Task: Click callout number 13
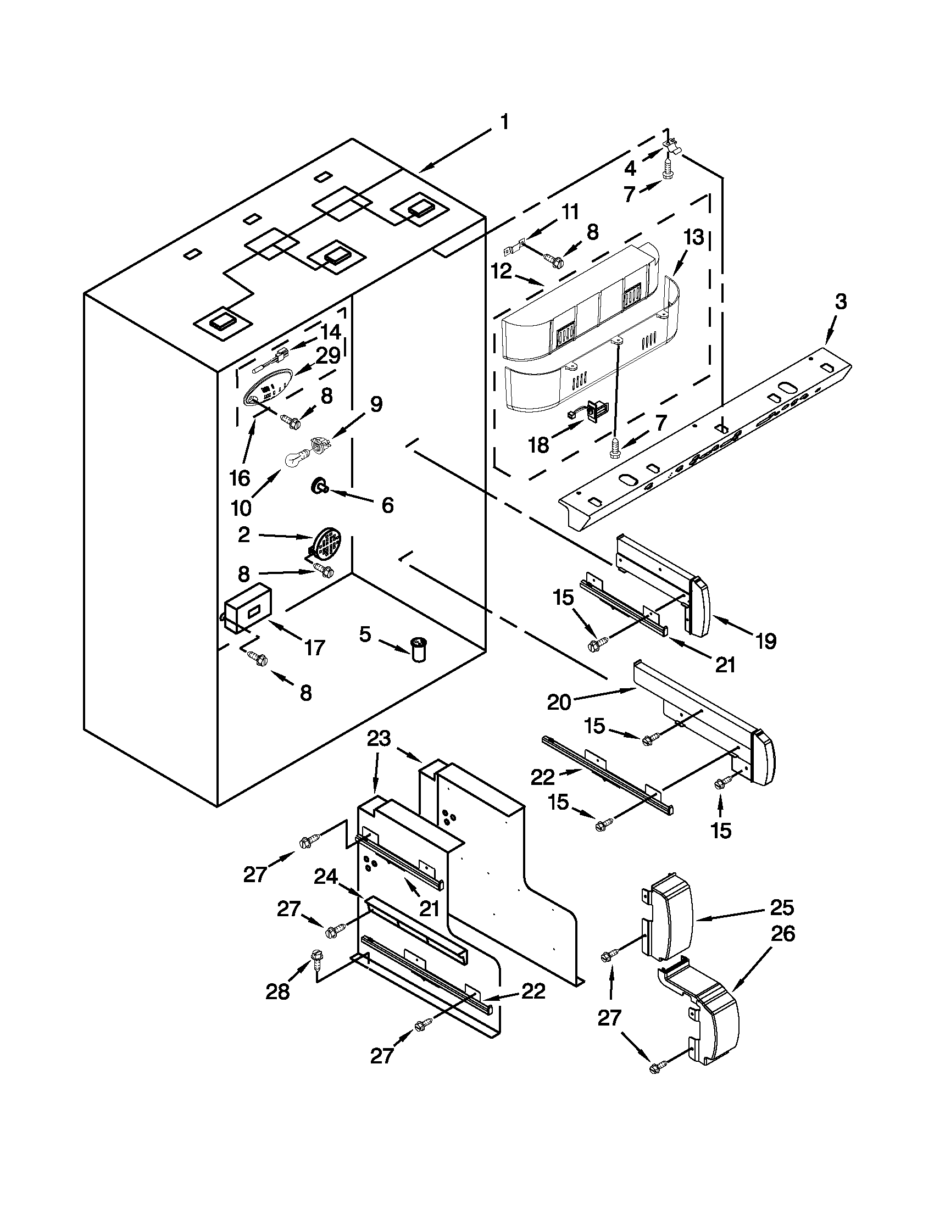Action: coord(693,238)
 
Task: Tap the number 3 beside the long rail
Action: coord(841,302)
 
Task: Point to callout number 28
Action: coord(277,992)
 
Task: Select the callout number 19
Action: coord(766,641)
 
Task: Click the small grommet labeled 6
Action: coord(319,487)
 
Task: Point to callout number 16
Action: coord(240,478)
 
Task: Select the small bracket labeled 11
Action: coord(514,243)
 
